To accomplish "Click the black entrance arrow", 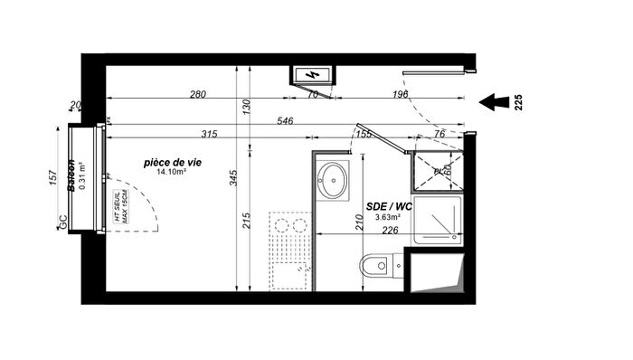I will (x=494, y=102).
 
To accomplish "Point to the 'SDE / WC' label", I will (x=390, y=207).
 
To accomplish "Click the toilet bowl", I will (x=373, y=267).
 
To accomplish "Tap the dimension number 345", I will (x=233, y=177).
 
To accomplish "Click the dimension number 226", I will (x=388, y=230).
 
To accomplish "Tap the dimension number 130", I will (x=246, y=106).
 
